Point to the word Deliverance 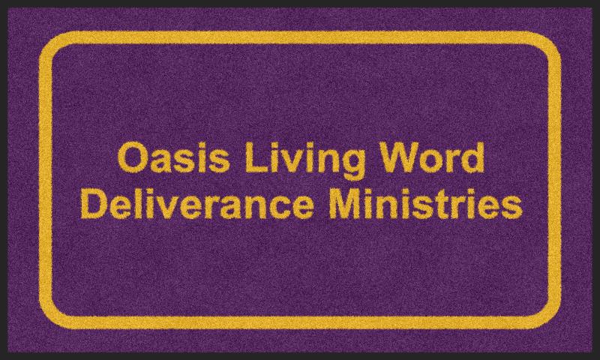[196, 204]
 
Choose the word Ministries [425, 204]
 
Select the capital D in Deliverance [93, 204]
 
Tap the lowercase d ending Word [474, 157]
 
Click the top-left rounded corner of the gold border [49, 40]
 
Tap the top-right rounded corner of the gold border [552, 41]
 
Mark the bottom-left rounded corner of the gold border [49, 319]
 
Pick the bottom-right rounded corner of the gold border [551, 319]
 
